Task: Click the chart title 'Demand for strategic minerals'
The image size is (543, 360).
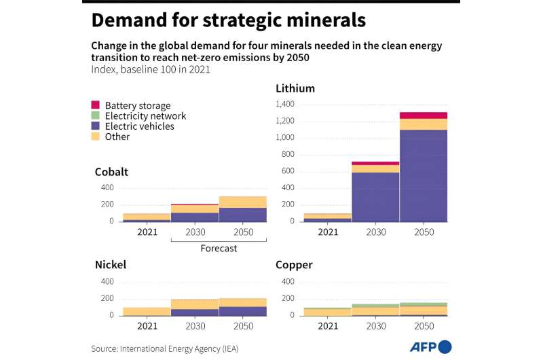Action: (x=229, y=20)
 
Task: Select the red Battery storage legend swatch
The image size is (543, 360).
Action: (x=95, y=105)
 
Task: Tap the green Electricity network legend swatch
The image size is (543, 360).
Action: (x=95, y=116)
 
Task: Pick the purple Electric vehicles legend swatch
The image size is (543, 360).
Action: (x=95, y=126)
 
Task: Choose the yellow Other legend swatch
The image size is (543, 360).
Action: (x=95, y=137)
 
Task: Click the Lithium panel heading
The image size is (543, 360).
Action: (x=295, y=88)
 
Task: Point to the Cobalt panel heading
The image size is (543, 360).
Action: (x=111, y=172)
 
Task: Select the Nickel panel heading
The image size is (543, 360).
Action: (x=111, y=264)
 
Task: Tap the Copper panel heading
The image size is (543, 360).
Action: (x=294, y=264)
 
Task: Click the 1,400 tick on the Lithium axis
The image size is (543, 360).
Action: (x=285, y=104)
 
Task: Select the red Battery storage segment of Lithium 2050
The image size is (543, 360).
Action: (x=423, y=115)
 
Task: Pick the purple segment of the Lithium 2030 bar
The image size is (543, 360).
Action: (x=375, y=196)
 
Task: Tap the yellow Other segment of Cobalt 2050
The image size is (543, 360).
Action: (x=242, y=202)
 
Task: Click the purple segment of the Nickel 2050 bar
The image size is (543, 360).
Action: (x=242, y=311)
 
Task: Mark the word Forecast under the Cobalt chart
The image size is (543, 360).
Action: (x=219, y=249)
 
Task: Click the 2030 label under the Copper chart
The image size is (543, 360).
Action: (x=375, y=325)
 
